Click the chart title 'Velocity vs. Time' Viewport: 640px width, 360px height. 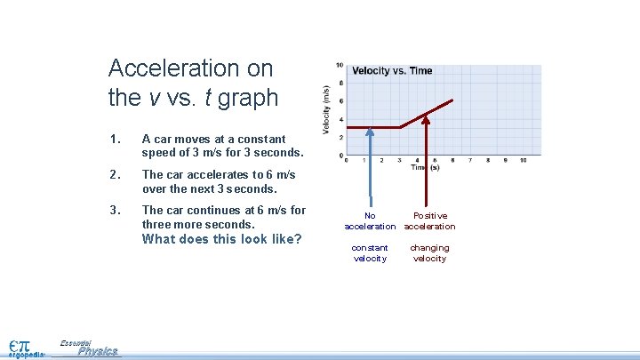coord(392,71)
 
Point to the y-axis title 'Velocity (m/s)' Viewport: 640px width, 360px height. coord(326,110)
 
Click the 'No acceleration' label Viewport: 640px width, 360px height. coord(370,220)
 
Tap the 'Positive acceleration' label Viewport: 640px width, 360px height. coord(430,220)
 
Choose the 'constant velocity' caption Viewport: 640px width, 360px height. coord(370,252)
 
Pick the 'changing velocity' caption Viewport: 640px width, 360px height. coord(430,252)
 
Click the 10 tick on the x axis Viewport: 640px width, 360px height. coord(523,161)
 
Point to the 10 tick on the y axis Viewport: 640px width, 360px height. coord(340,66)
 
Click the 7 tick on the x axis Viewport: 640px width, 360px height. coord(469,161)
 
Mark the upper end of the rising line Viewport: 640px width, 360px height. coord(452,100)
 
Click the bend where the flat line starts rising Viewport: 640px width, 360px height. coord(400,127)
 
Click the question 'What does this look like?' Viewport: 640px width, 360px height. coord(222,239)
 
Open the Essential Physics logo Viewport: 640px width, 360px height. coord(89,348)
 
